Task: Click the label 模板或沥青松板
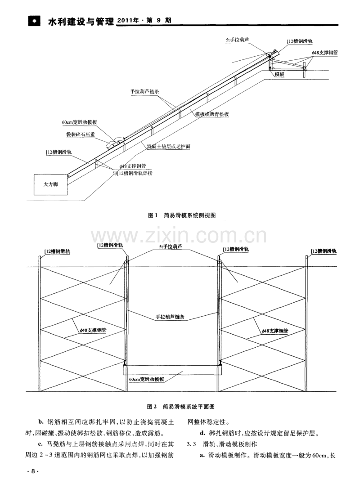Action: (x=211, y=115)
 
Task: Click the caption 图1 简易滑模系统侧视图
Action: (x=182, y=215)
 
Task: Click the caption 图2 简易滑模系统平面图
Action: (x=182, y=407)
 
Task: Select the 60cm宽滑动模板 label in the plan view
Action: (x=146, y=380)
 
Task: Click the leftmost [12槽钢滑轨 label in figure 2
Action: (x=57, y=251)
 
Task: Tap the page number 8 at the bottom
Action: (x=33, y=471)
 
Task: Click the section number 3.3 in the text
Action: (x=192, y=444)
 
